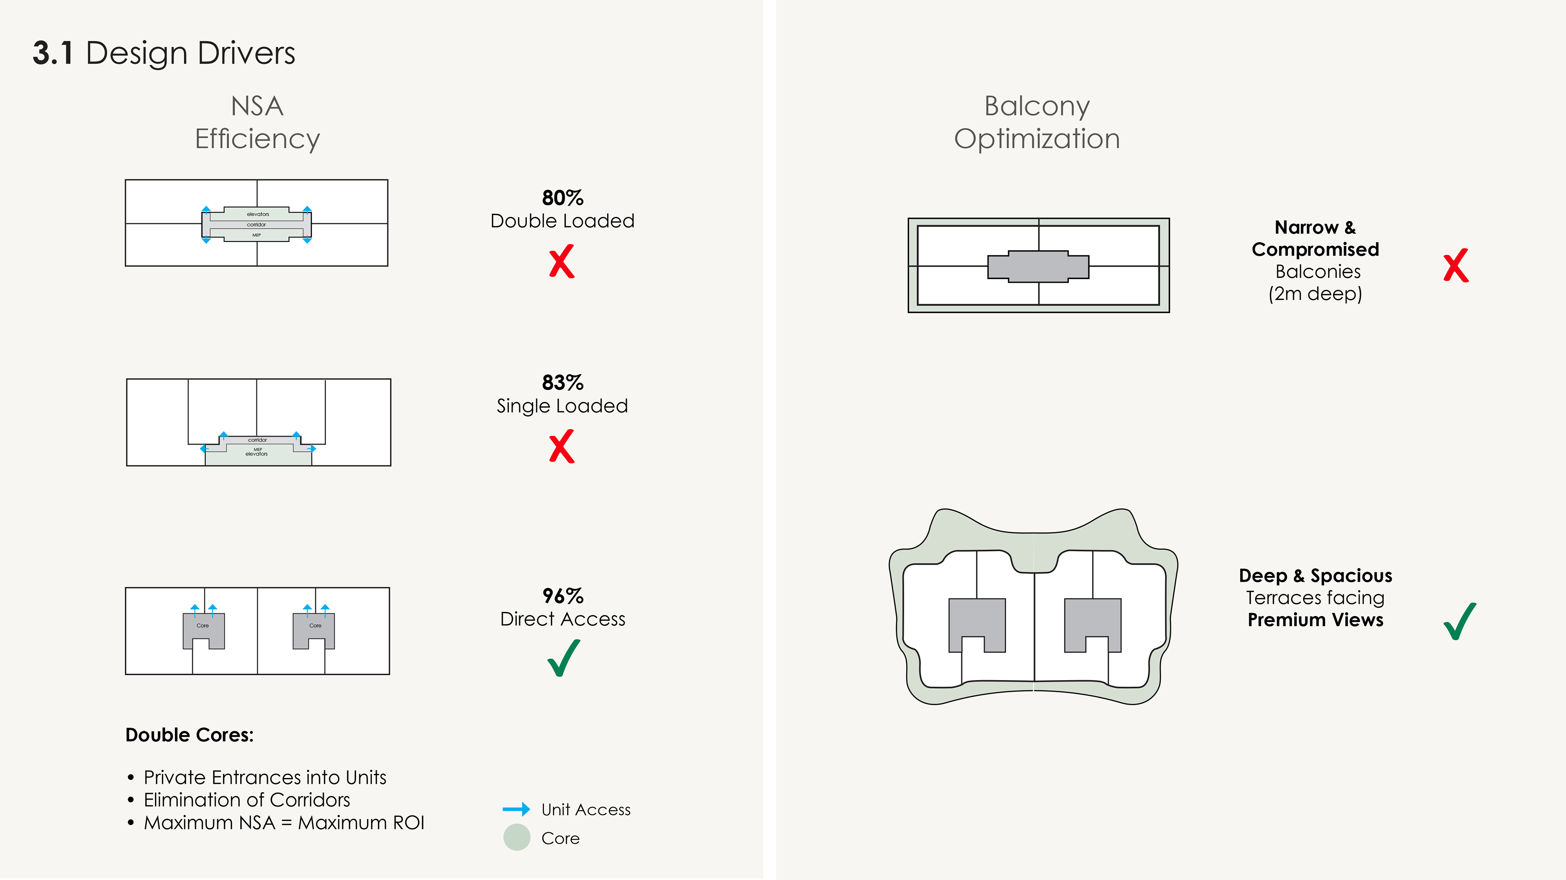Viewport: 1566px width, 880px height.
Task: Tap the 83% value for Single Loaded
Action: pos(562,383)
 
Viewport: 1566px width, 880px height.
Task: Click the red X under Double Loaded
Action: pos(562,262)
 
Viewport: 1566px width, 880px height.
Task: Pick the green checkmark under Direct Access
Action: pos(564,658)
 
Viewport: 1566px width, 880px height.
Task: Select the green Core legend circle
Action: pos(517,838)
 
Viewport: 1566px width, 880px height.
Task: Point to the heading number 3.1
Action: pos(53,53)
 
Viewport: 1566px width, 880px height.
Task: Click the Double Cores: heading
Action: pos(189,735)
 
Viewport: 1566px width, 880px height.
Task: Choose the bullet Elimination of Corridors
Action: pos(247,800)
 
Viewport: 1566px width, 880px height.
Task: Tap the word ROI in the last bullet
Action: pos(409,823)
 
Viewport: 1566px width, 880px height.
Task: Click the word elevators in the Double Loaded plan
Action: pos(258,214)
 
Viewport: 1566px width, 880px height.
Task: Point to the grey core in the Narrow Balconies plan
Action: pos(1038,266)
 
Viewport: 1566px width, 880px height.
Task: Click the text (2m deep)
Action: pos(1315,294)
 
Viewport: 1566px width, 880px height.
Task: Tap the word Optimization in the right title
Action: pos(1037,139)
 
